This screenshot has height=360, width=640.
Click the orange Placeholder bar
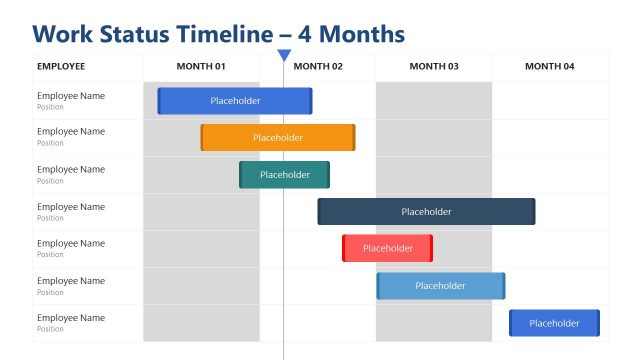click(x=278, y=138)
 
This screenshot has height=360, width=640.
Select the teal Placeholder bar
click(x=284, y=175)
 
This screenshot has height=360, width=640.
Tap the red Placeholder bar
click(x=387, y=248)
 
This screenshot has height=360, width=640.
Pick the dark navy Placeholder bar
click(x=426, y=212)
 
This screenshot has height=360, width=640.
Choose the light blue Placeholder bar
click(x=440, y=286)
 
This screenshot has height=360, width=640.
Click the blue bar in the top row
click(x=235, y=101)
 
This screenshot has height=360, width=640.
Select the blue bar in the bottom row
click(x=554, y=323)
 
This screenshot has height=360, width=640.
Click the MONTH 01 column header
click(x=201, y=66)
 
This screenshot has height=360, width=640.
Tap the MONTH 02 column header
click(x=318, y=66)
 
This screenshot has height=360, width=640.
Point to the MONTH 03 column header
click(x=434, y=66)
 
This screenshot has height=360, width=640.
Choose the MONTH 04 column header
click(x=550, y=66)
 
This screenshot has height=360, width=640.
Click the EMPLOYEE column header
click(x=61, y=66)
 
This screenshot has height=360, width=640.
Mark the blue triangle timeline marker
click(x=284, y=55)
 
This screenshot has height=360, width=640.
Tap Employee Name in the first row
click(x=70, y=96)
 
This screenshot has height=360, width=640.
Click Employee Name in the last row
click(x=70, y=318)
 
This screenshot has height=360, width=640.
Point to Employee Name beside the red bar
click(x=70, y=244)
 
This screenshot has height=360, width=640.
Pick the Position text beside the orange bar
click(x=50, y=143)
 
